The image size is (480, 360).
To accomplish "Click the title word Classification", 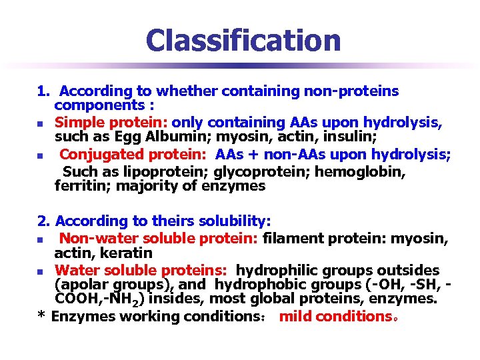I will point(243,40).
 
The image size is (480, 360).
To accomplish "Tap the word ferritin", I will point(81,187).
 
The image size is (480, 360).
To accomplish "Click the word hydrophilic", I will point(277,270).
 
